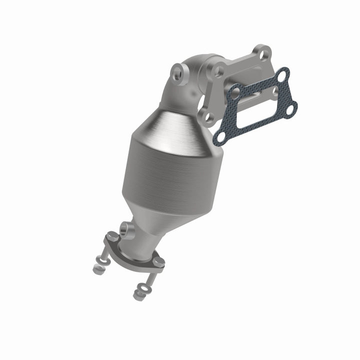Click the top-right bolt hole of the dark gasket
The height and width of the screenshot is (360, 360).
pyautogui.click(x=282, y=75)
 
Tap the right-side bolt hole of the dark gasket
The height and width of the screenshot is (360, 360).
pyautogui.click(x=292, y=105)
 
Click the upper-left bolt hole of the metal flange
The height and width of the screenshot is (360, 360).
pyautogui.click(x=218, y=70)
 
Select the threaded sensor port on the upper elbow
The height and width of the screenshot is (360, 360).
pyautogui.click(x=177, y=73)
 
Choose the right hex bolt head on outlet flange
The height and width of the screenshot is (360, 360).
pyautogui.click(x=157, y=262)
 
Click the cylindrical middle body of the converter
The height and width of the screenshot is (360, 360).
pyautogui.click(x=160, y=165)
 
